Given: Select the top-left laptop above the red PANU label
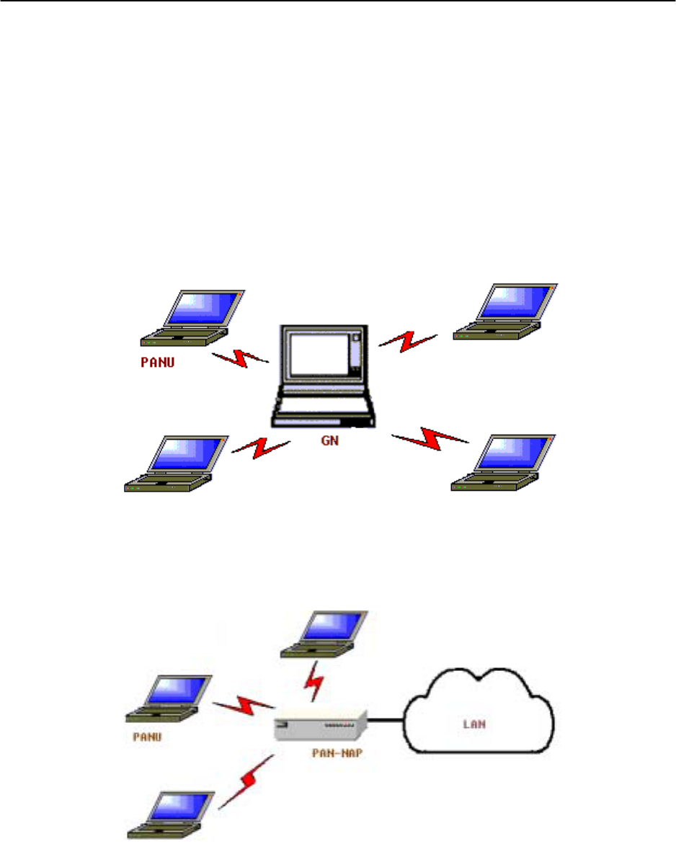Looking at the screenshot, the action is pyautogui.click(x=192, y=318).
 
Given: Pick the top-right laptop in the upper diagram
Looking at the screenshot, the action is pyautogui.click(x=506, y=311).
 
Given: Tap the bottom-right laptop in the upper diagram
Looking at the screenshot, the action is pyautogui.click(x=504, y=463).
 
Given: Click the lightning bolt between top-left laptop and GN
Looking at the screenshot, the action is pyautogui.click(x=240, y=357).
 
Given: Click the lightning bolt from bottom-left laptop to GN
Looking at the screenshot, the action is pyautogui.click(x=259, y=449).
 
